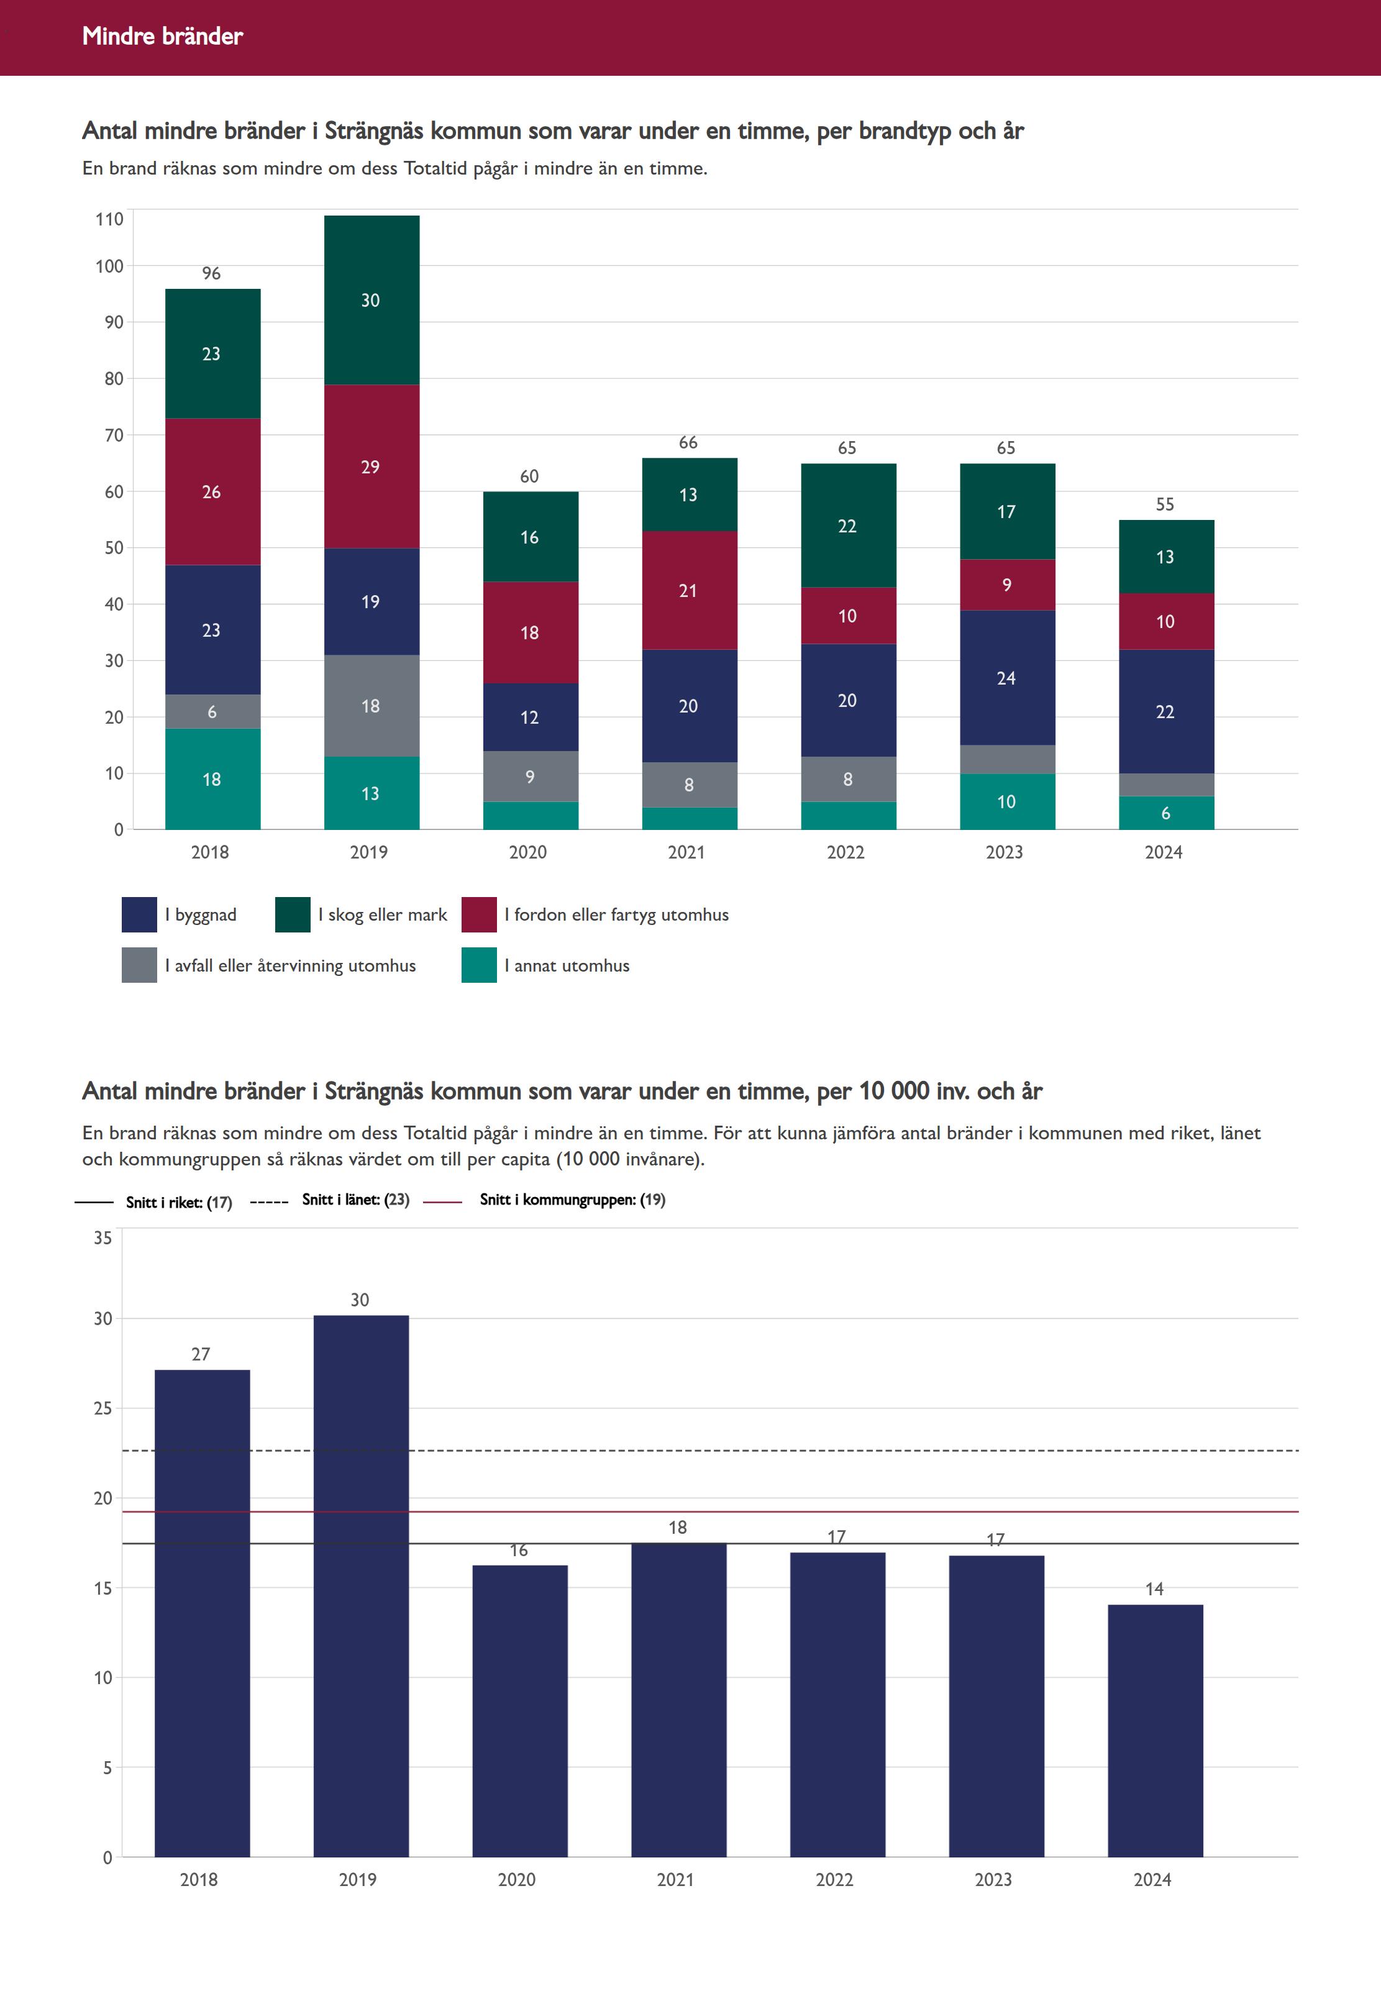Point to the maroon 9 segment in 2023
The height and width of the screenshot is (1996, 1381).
tap(1006, 585)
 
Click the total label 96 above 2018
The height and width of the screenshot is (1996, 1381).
tap(211, 273)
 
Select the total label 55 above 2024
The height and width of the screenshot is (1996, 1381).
tap(1165, 504)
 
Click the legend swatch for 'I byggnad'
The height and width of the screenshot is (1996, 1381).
tap(139, 914)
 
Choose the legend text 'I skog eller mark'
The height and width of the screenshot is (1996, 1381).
tap(383, 914)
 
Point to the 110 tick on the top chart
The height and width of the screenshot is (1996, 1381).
tap(109, 219)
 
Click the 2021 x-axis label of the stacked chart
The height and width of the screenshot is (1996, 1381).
tap(686, 852)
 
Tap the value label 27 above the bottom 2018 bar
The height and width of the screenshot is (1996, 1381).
tap(201, 1354)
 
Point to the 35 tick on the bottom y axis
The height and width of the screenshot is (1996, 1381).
tap(103, 1238)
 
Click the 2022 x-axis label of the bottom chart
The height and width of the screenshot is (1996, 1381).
tap(834, 1879)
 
